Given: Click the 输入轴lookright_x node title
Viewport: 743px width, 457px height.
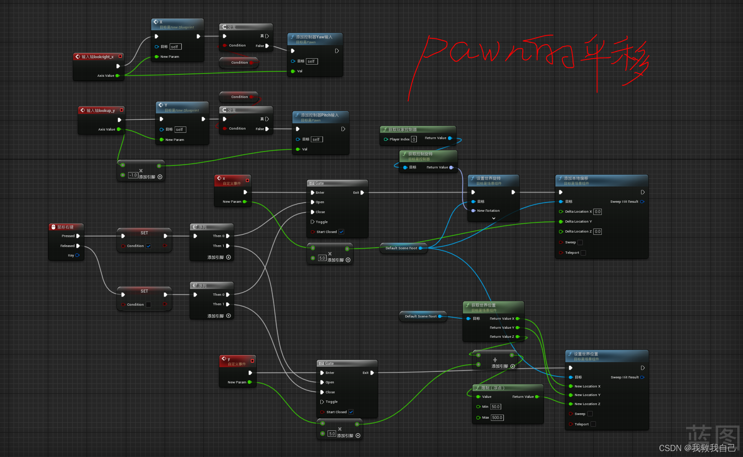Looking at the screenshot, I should (97, 57).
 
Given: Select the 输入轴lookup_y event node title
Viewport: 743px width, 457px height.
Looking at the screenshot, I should (101, 111).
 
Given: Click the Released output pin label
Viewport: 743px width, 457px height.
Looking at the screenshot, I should (68, 246).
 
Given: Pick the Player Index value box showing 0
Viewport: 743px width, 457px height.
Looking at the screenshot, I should (414, 140).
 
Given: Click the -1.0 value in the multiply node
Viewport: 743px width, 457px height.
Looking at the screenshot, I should (133, 175).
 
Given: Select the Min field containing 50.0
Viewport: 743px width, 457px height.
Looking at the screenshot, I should (495, 407).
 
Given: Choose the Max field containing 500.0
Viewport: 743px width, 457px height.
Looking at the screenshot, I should (497, 418).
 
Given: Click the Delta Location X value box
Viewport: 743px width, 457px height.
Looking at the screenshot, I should (597, 212).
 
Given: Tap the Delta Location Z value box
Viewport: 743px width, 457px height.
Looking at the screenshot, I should (597, 232).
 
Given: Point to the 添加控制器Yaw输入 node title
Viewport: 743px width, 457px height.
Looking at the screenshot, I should (314, 37).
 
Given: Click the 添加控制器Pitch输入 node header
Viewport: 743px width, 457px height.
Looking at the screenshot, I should (319, 115).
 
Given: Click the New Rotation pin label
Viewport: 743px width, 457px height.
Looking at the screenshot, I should (488, 211).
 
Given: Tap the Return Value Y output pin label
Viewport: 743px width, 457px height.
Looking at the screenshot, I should (502, 328).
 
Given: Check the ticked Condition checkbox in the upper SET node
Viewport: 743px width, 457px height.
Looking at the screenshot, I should (148, 246).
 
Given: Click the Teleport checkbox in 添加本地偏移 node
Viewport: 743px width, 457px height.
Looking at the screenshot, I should (583, 253).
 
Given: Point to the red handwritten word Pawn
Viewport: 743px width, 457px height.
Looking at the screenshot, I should (460, 52).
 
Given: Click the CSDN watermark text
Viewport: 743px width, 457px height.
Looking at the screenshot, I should (697, 448).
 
